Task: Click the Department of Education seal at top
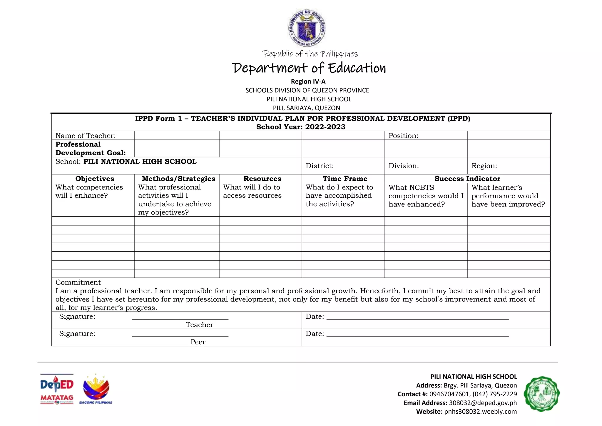(x=307, y=28)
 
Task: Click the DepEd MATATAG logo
(x=57, y=389)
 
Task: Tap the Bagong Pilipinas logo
(x=96, y=389)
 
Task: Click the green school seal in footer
(x=541, y=394)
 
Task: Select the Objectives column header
(x=95, y=179)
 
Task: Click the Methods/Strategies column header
(x=178, y=179)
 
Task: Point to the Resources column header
(x=262, y=179)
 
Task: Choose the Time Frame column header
(x=345, y=179)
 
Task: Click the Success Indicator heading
(x=467, y=179)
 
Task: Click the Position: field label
(x=403, y=136)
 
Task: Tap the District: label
(x=320, y=166)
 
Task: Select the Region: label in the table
(x=484, y=166)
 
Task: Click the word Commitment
(x=78, y=282)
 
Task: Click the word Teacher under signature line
(x=199, y=325)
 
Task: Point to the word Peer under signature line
(x=198, y=342)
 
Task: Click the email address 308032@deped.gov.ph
(x=482, y=403)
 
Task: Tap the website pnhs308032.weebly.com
(x=480, y=411)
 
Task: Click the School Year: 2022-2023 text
(x=301, y=127)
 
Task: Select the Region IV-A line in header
(x=308, y=81)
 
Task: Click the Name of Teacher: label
(x=86, y=136)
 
